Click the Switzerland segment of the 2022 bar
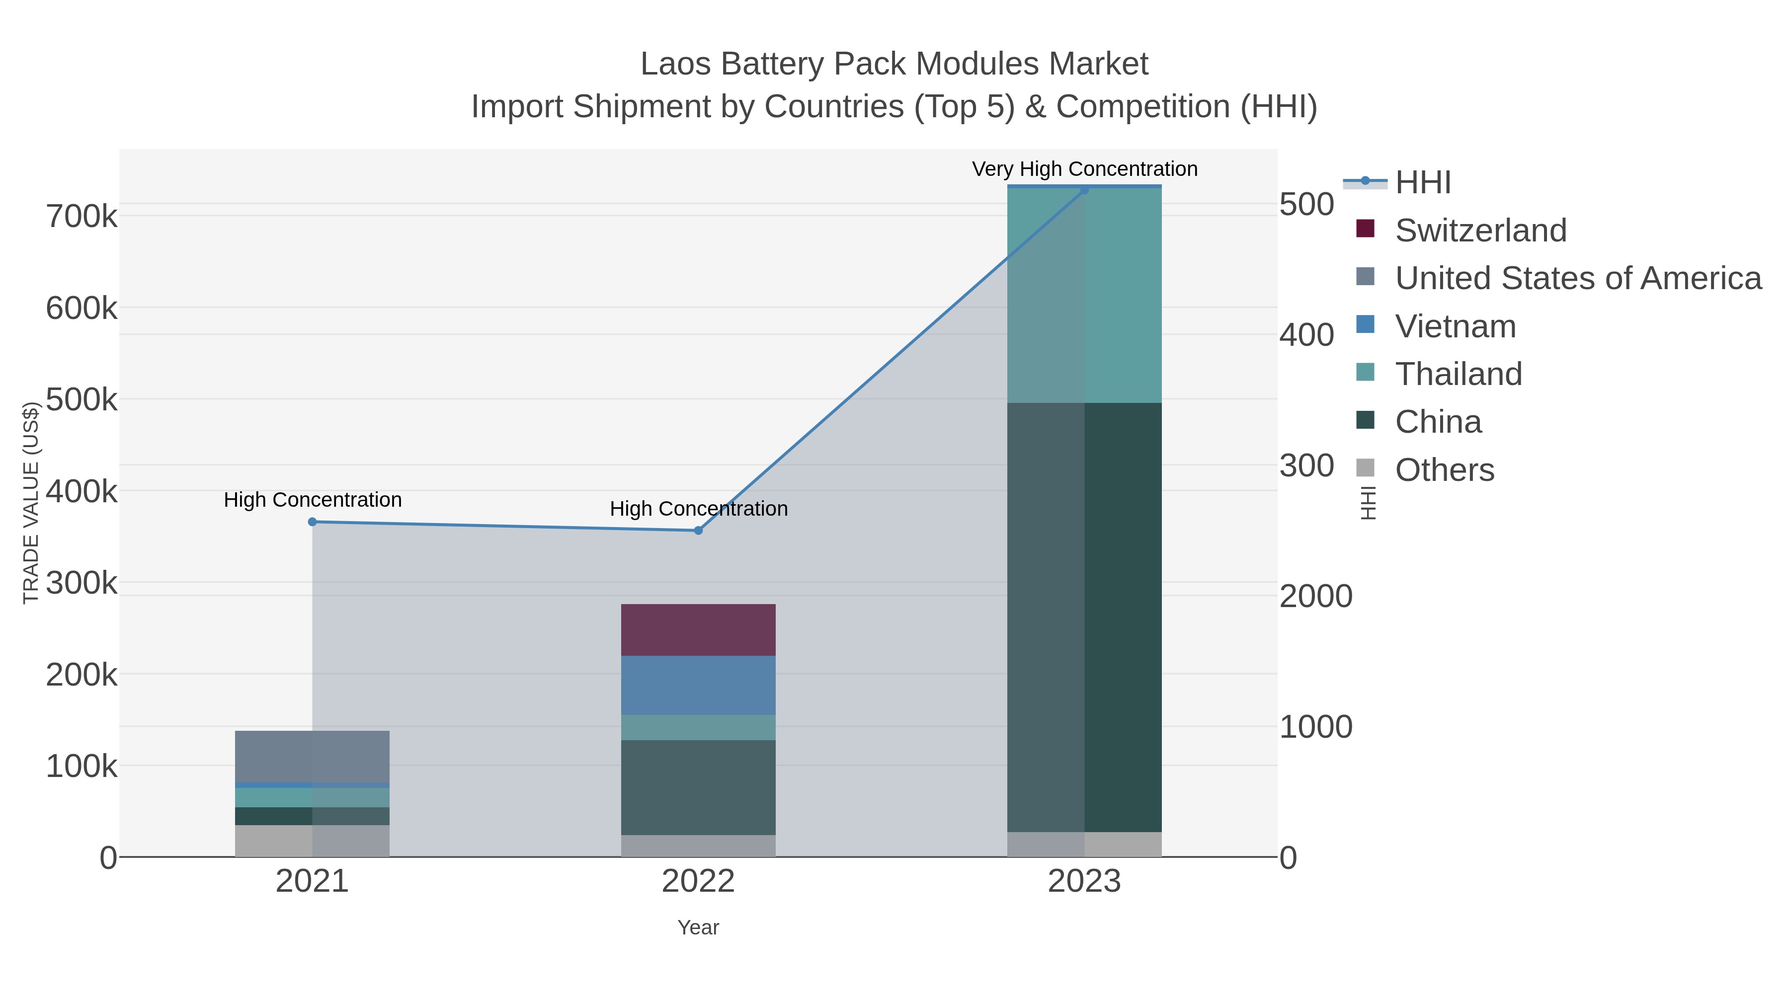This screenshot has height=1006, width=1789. click(x=698, y=630)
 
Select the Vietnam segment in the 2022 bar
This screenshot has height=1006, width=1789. click(x=698, y=685)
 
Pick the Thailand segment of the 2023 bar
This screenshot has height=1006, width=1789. click(x=1084, y=295)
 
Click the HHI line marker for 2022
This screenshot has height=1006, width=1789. click(x=699, y=531)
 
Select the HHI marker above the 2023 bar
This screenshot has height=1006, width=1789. click(x=1084, y=190)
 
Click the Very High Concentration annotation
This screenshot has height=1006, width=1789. click(x=1084, y=169)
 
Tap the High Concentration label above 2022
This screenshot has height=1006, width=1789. click(x=699, y=508)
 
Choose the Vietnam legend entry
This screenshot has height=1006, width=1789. click(x=1455, y=326)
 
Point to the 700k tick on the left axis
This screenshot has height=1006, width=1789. click(x=81, y=217)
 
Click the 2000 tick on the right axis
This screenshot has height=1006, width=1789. click(x=1315, y=596)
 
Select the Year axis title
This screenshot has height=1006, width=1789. click(x=698, y=928)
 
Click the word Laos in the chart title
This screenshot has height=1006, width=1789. click(x=675, y=64)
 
